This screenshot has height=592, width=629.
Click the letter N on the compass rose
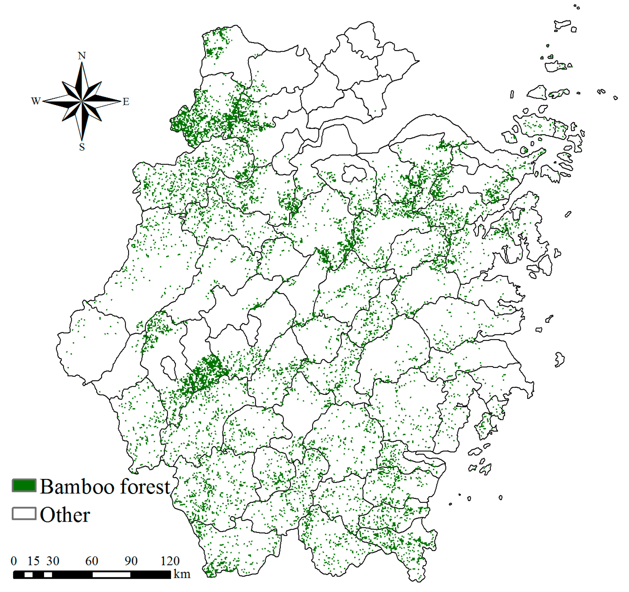(x=81, y=56)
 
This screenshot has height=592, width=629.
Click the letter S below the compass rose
(x=82, y=147)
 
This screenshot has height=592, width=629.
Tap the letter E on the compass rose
(x=126, y=102)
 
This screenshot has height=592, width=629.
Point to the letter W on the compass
(x=36, y=101)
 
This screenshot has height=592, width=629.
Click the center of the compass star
(x=82, y=102)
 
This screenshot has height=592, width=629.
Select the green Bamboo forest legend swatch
(x=24, y=486)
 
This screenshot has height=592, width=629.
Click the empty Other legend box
(x=24, y=514)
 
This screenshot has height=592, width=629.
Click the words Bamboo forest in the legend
(x=105, y=487)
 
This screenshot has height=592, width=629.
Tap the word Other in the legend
(x=65, y=515)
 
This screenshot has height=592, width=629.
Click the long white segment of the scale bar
(x=111, y=575)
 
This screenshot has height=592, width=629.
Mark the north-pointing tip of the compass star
(x=82, y=63)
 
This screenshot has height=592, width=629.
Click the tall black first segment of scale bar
(x=19, y=575)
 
